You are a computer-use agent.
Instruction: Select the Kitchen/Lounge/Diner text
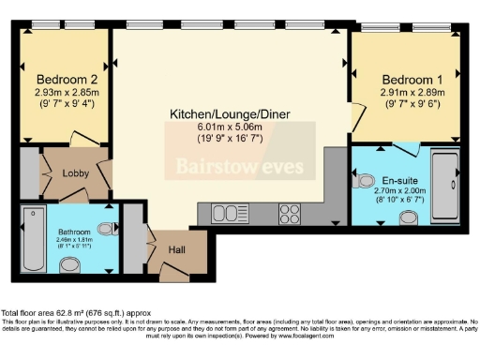pos(230,114)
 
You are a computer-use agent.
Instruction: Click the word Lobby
pos(76,172)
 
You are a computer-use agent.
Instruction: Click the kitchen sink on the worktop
pos(226,214)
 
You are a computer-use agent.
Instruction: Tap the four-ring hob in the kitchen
pos(289,214)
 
